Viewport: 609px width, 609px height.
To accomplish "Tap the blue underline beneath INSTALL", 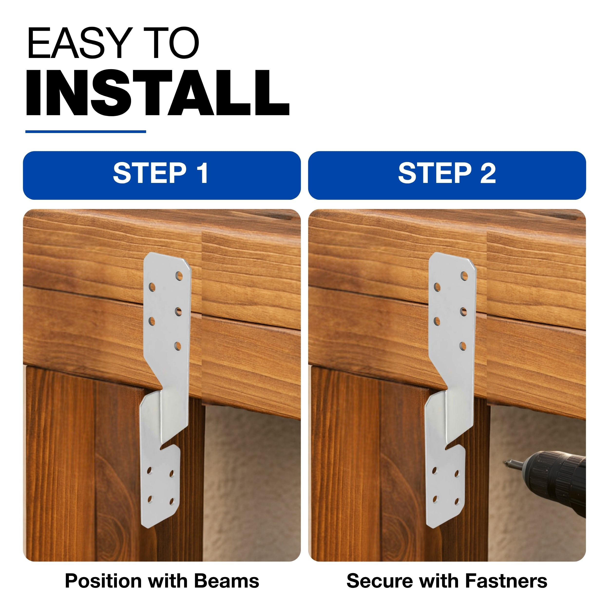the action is [86, 132].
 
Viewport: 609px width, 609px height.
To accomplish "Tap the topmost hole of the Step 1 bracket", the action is [179, 276].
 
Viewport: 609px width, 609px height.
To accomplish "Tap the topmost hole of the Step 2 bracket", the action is [464, 276].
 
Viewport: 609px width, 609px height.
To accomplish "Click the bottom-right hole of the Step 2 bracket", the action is [457, 501].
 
